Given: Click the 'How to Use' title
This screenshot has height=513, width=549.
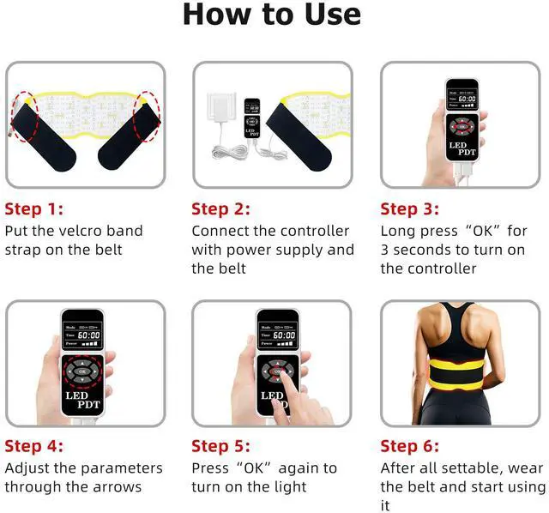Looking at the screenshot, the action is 272,15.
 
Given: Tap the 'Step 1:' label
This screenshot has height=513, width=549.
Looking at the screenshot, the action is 34,209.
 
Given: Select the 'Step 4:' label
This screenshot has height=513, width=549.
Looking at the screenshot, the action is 34,446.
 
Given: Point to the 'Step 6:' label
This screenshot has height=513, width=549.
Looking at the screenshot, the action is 410,446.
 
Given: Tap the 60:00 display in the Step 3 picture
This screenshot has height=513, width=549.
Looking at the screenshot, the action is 467,99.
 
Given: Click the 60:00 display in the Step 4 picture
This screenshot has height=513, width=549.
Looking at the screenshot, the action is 89,335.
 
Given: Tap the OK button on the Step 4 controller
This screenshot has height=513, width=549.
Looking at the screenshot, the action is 82,371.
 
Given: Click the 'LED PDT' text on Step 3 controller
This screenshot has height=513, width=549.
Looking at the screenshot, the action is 462,148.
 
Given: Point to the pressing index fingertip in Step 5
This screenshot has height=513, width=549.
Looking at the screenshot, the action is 282,376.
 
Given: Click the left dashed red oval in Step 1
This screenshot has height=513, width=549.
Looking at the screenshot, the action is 25,117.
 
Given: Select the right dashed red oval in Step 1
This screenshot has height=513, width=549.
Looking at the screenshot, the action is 147,117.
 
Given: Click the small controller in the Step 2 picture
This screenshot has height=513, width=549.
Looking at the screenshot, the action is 252,118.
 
